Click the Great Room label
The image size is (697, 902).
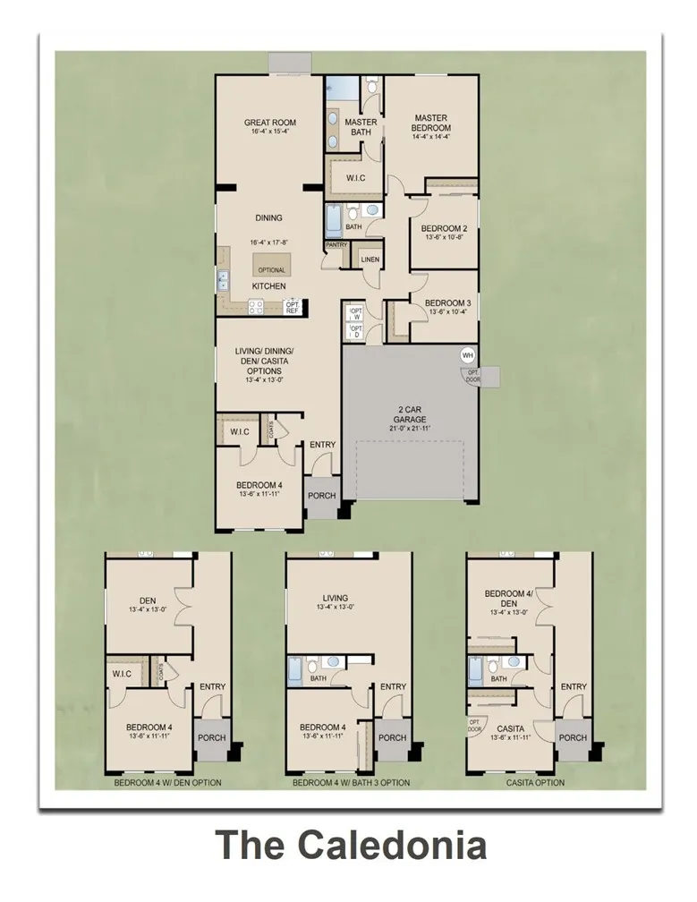point(269,123)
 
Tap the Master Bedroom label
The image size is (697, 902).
point(429,123)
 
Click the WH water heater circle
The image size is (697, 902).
point(467,355)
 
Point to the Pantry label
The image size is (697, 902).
point(336,244)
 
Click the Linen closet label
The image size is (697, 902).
point(370,260)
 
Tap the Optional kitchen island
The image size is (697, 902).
point(272,265)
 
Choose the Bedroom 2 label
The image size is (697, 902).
point(445,228)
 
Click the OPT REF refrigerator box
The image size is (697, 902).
point(292,307)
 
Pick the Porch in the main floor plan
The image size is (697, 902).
point(321,496)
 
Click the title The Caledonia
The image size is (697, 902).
point(351,845)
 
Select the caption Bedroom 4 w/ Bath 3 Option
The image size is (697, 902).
point(351,783)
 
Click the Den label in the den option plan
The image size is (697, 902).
point(148,601)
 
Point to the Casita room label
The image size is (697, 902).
point(510,729)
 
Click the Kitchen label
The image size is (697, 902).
point(268,285)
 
